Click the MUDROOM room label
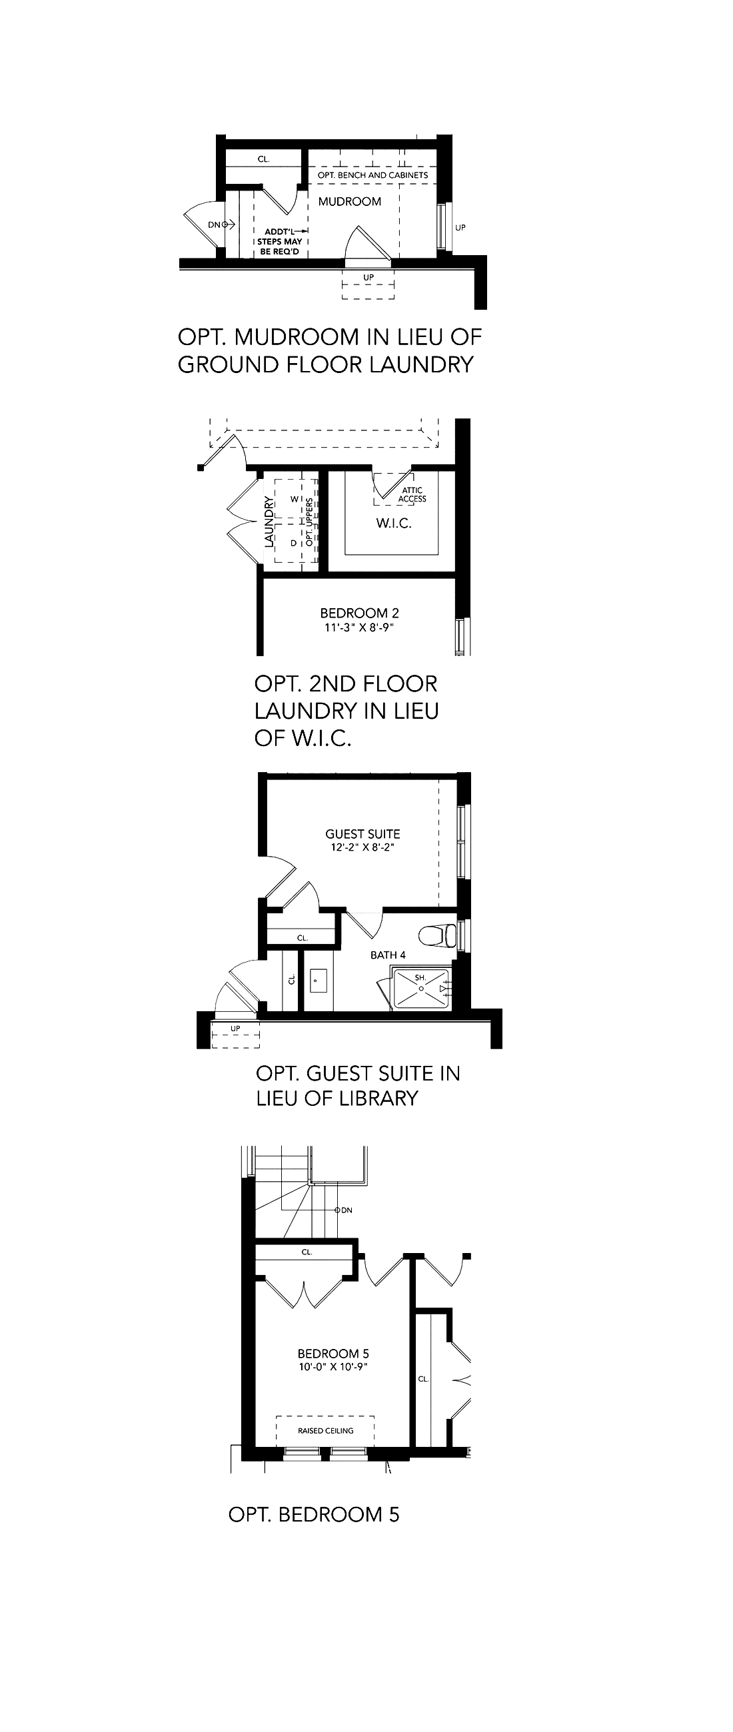(350, 202)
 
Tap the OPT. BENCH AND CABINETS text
(372, 175)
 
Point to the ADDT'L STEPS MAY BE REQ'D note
(280, 241)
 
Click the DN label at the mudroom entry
(214, 224)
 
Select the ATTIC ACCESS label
(412, 495)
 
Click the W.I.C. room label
(393, 523)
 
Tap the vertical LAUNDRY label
(270, 522)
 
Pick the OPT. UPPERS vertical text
(310, 522)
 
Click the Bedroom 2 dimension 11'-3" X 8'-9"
(359, 628)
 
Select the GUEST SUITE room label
(363, 834)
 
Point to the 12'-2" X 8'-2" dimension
(363, 847)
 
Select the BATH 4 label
(388, 955)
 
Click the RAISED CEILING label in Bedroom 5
(325, 1431)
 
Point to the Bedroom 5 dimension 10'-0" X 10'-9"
(334, 1367)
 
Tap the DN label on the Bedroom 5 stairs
(347, 1210)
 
